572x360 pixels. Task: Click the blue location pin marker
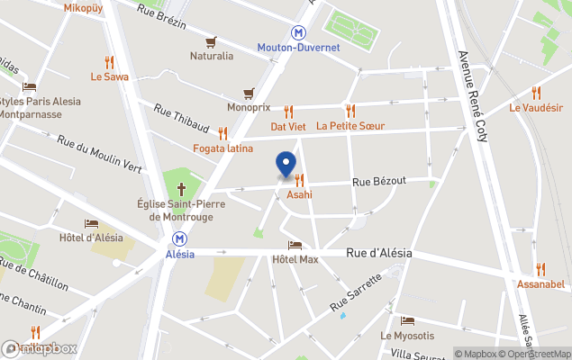point(286,165)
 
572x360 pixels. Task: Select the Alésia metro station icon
point(181,238)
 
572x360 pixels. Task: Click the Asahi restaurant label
point(299,194)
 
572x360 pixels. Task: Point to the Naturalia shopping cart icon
point(211,41)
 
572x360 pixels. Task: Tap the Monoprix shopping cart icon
point(249,93)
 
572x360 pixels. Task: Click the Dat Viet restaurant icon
point(289,112)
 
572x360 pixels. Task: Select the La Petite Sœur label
point(350,126)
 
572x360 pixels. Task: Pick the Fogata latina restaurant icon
point(222,133)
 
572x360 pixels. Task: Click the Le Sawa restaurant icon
point(109,62)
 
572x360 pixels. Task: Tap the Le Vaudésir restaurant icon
point(536,92)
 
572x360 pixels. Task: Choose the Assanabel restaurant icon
point(540,269)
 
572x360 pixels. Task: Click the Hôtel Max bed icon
point(295,245)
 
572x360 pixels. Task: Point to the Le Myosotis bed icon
point(407,321)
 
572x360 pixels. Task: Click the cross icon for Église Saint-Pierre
point(181,189)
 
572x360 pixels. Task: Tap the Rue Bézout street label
point(379,181)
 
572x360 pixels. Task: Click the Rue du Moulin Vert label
point(99,153)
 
